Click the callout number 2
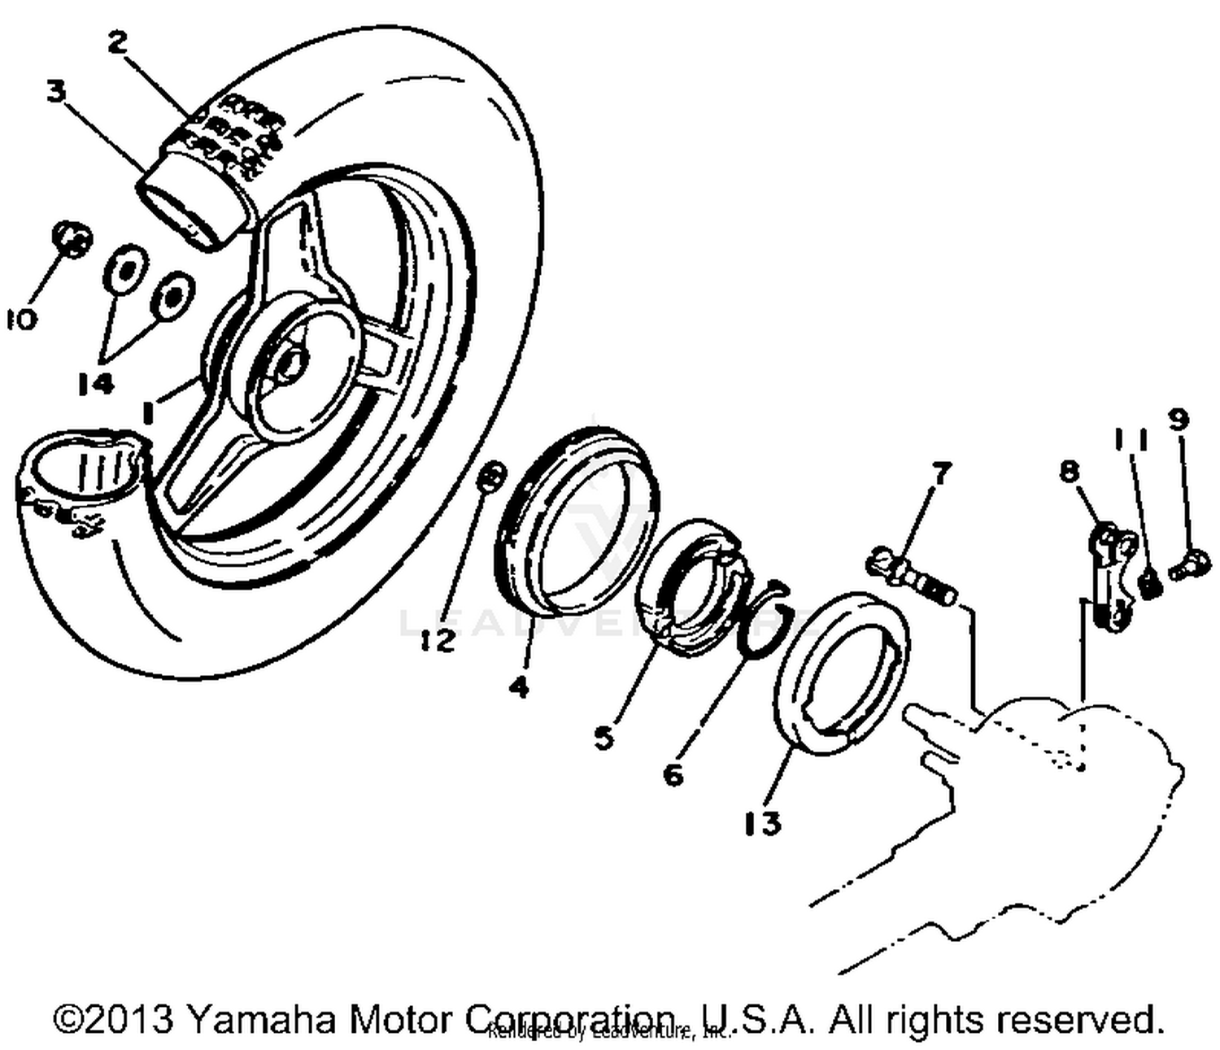point(118,43)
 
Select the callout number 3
point(55,91)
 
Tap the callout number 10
point(21,320)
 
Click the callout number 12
point(439,641)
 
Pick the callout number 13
point(762,823)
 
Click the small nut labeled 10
point(72,237)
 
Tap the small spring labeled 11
point(1148,583)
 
